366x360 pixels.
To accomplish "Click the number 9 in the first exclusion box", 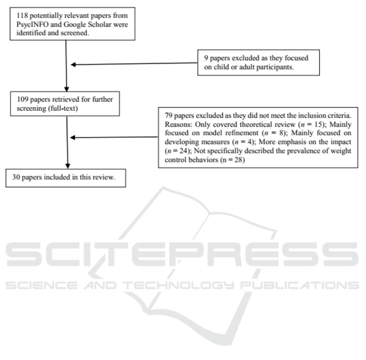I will pyautogui.click(x=206, y=59).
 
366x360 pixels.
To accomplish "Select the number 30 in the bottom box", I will pyautogui.click(x=14, y=178).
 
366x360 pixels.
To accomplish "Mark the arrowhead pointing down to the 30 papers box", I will pyautogui.click(x=68, y=167).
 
